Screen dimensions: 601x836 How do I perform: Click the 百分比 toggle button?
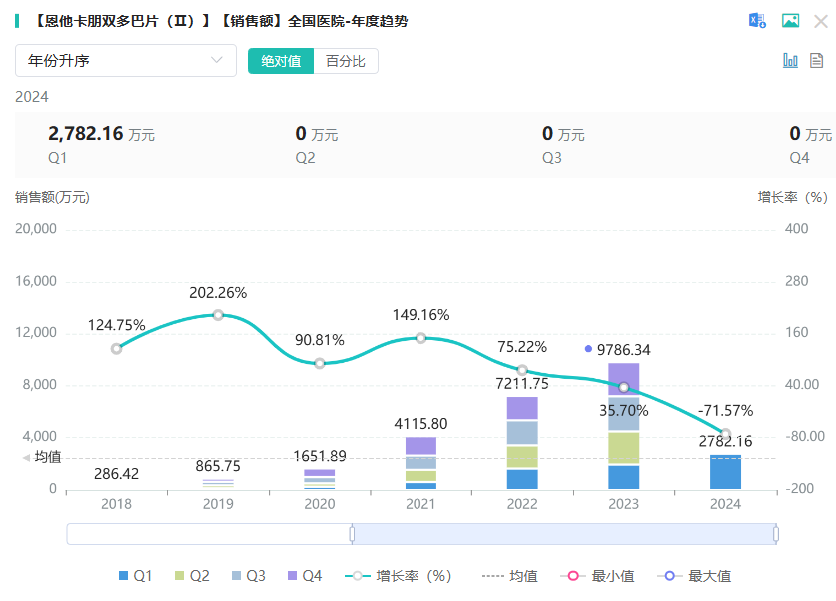coord(346,61)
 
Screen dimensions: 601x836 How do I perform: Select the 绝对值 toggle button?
coord(281,61)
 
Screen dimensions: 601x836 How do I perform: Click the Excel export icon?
coord(757,21)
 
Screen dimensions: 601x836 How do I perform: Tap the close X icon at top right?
coord(820,21)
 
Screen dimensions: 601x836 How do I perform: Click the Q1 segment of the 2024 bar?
coord(725,472)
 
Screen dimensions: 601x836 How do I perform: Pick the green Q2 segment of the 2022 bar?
coord(522,457)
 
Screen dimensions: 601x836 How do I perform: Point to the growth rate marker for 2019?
coord(218,315)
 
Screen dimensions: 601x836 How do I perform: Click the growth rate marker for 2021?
coord(420,338)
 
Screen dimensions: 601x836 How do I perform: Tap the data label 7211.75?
coord(522,383)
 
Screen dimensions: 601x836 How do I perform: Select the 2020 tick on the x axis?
coord(320,504)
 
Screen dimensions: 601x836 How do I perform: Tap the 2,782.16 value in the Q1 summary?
coord(85,133)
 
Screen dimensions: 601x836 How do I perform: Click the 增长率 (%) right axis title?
coord(792,197)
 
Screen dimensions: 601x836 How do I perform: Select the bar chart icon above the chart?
coord(790,61)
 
